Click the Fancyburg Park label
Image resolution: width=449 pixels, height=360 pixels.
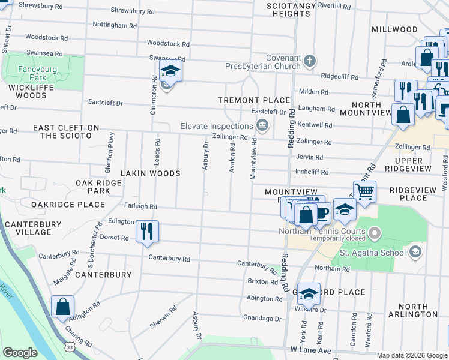[x=37, y=73]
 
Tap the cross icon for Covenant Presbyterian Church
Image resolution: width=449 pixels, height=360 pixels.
[x=309, y=61]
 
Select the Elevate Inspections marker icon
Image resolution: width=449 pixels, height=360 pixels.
[x=262, y=125]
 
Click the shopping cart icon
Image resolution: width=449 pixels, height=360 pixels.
[x=364, y=191]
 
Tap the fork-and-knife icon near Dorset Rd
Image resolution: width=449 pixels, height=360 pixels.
[x=147, y=230]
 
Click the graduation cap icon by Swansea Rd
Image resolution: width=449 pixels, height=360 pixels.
[x=170, y=71]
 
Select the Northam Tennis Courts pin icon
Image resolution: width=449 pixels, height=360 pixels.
[x=375, y=232]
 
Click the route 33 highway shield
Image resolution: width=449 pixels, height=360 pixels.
[x=70, y=347]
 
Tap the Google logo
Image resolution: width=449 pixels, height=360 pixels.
[x=20, y=353]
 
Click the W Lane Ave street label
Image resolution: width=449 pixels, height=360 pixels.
[x=310, y=349]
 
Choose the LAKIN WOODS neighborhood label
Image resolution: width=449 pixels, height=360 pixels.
[x=151, y=173]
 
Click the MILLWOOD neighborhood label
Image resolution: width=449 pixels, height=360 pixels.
[x=394, y=29]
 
